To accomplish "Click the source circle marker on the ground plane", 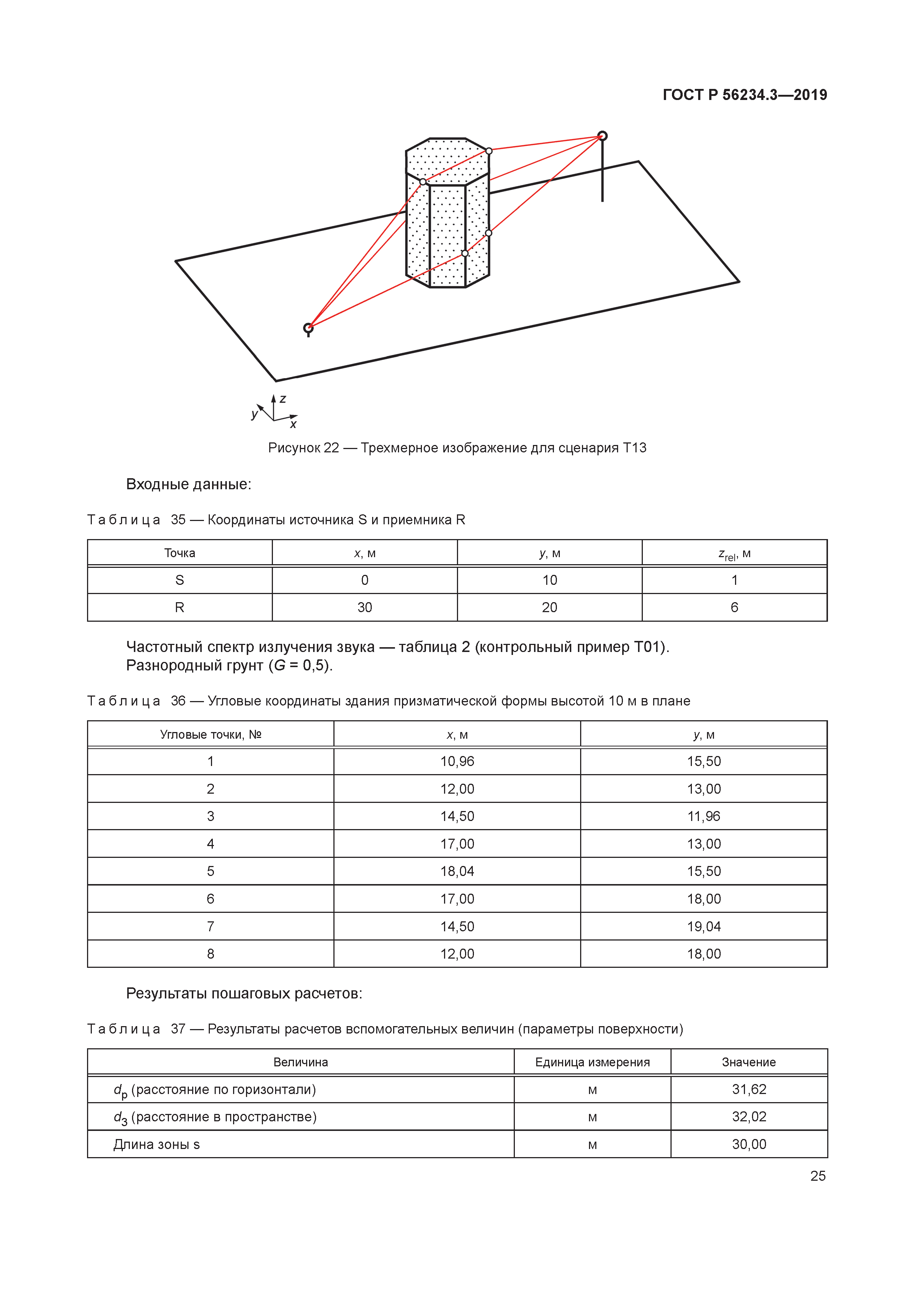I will (308, 327).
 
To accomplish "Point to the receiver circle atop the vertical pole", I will (602, 136).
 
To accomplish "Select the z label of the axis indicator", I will (283, 399).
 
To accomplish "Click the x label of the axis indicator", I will (293, 424).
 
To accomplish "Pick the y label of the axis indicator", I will (254, 414).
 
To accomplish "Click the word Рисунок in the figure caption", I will (294, 448).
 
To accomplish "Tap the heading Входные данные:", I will (188, 484).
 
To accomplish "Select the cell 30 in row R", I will (364, 608).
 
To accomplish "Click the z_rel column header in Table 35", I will (734, 554).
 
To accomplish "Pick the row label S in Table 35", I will (180, 580).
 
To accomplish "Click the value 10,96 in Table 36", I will (457, 762).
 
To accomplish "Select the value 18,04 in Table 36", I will (457, 871).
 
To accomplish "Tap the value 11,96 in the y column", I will (703, 816).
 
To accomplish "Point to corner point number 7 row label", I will (210, 926).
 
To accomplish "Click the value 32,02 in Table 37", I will (749, 1117).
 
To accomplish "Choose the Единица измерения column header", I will (592, 1062).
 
